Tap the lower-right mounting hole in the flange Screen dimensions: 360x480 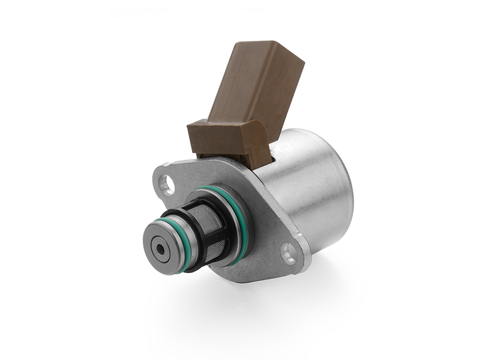click(x=289, y=254)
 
